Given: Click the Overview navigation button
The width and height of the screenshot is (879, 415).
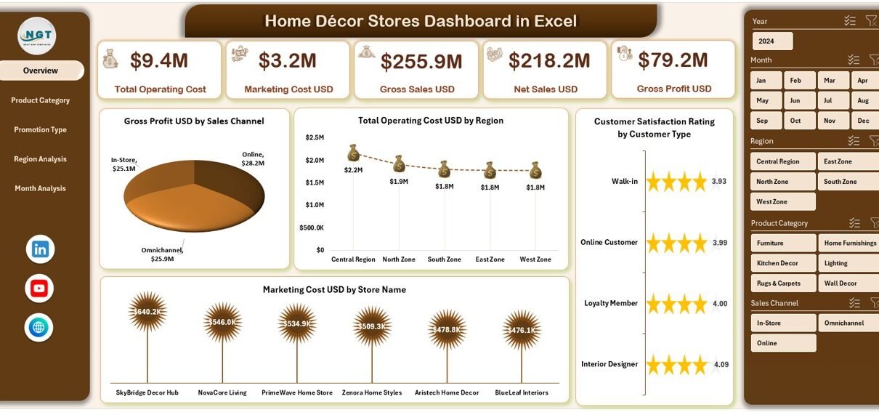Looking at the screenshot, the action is click(41, 70).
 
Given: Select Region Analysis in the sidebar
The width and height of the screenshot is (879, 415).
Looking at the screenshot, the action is click(40, 159).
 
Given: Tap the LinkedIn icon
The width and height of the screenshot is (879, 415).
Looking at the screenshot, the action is click(40, 249).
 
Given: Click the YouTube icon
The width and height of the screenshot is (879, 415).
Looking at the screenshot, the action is click(39, 289).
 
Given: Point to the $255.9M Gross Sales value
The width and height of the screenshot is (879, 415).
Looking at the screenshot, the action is click(421, 62).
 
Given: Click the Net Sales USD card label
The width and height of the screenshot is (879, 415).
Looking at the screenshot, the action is click(546, 89).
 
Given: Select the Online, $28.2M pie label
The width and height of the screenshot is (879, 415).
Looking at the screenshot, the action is click(253, 158).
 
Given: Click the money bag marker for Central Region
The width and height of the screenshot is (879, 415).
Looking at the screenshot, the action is click(353, 153).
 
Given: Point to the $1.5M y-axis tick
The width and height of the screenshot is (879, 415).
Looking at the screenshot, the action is click(315, 182).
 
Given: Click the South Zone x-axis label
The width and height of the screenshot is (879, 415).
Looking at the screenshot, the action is click(444, 259).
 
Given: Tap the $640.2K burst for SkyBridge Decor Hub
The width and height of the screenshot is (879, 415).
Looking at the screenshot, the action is click(147, 311).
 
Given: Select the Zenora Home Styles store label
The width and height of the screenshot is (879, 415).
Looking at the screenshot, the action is click(372, 392).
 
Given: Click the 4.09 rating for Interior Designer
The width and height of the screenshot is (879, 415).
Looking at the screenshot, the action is click(721, 364).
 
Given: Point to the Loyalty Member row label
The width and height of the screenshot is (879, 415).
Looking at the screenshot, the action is click(611, 303).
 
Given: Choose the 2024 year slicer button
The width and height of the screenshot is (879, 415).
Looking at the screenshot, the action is click(772, 41).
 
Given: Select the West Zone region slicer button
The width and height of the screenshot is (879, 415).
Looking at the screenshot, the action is click(783, 202).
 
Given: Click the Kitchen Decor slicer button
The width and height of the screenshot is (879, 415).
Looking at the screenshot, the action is click(784, 263).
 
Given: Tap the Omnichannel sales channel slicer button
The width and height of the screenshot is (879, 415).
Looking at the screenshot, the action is click(848, 323).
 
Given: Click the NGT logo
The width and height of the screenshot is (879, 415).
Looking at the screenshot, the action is click(37, 36).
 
